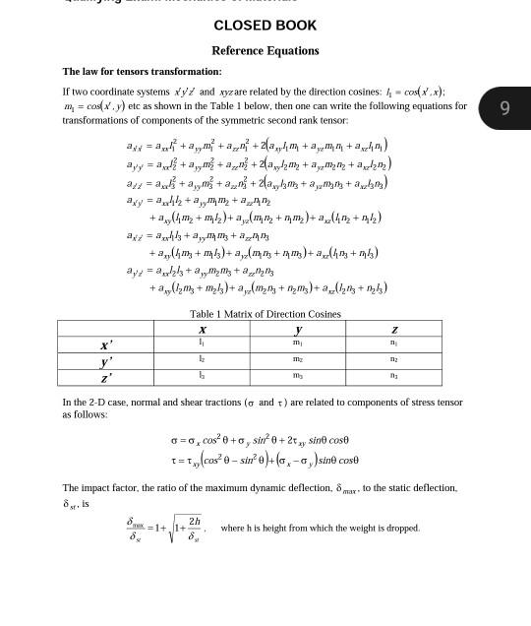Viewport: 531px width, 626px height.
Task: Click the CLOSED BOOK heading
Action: (265, 26)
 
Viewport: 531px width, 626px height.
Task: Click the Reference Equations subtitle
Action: (265, 50)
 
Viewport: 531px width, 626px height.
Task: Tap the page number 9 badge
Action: (504, 108)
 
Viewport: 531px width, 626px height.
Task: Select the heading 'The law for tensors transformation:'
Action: (142, 71)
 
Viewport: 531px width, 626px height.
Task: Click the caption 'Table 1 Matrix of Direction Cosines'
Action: (265, 314)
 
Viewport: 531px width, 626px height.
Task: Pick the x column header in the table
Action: (202, 330)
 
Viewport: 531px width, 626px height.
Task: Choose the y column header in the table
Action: (298, 330)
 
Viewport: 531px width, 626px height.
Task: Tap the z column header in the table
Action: (393, 330)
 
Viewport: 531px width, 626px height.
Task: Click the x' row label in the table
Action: (106, 344)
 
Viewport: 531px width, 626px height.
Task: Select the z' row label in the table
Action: (106, 377)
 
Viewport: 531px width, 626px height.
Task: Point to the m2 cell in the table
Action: (298, 360)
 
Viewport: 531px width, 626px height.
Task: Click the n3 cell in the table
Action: (393, 376)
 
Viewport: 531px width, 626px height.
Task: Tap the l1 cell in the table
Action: (202, 344)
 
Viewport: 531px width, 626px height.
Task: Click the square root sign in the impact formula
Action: (172, 530)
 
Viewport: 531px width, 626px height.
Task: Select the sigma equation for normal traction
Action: (260, 440)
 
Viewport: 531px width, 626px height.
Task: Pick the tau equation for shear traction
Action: (265, 460)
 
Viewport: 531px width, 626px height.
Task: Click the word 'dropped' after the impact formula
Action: (399, 528)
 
